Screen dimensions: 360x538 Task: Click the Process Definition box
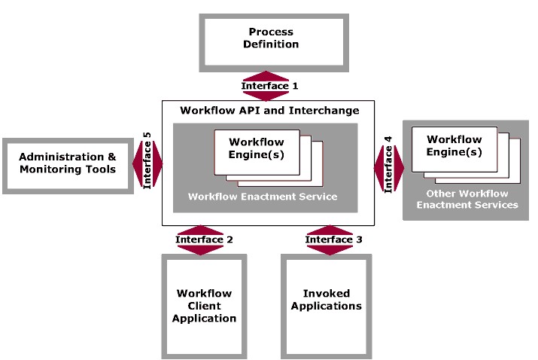[270, 38]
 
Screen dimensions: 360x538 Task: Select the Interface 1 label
[265, 86]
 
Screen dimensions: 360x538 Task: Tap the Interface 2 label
[204, 239]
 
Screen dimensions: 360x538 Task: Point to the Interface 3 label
[333, 239]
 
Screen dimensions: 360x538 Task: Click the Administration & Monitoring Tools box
[67, 163]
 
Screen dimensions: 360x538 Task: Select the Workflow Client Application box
[204, 306]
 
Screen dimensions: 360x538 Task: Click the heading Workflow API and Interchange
[269, 111]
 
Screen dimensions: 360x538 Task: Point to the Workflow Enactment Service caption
[263, 197]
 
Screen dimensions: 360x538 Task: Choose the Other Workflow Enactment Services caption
[472, 199]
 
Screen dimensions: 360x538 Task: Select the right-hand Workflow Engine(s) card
[454, 145]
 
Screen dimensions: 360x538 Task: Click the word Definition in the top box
[271, 44]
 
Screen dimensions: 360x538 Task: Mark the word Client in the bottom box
[204, 306]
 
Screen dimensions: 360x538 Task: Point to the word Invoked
[326, 294]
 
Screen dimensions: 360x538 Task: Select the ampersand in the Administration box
[112, 157]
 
